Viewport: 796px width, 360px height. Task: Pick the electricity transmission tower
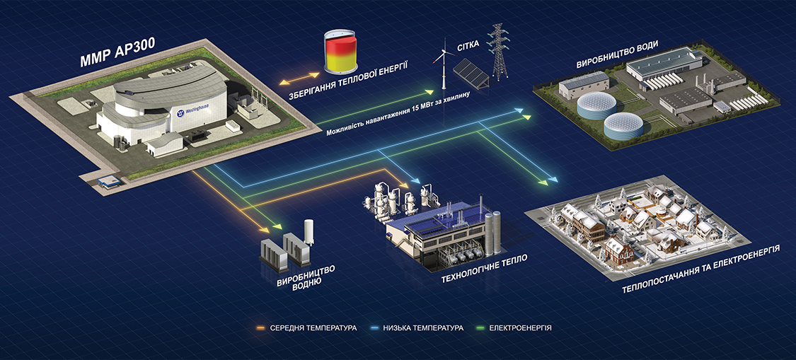point(500,52)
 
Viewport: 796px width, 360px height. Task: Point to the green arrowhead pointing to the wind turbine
point(428,92)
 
